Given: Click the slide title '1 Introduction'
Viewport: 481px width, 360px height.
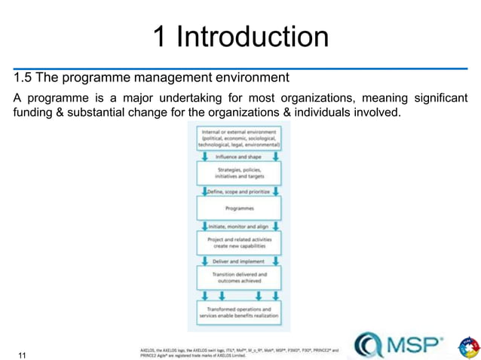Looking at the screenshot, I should [240, 36].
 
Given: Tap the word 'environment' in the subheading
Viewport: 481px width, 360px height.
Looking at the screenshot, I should [252, 78].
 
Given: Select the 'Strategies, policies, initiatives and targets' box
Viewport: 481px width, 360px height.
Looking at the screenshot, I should [239, 173].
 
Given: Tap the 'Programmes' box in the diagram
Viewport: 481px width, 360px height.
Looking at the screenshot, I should [239, 208].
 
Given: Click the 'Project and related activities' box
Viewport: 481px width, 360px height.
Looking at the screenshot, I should [239, 242].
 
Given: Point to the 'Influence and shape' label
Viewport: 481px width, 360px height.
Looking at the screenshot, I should [239, 157].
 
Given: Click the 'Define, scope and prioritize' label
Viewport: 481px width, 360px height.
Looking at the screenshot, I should [239, 191].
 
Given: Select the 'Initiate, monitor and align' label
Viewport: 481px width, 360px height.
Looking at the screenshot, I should [239, 225].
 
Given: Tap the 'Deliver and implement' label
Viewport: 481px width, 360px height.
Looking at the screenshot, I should [239, 260].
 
